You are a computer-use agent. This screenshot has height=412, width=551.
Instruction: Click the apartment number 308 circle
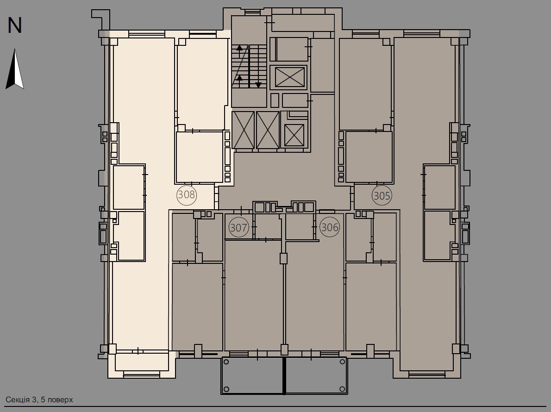pos(187,195)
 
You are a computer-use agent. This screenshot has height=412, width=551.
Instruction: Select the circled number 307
pos(239,227)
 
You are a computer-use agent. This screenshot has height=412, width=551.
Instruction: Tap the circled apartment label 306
pos(330,227)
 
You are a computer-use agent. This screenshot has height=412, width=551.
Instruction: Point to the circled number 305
pos(382,196)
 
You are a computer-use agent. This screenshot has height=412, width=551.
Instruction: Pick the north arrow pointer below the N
pos(15,69)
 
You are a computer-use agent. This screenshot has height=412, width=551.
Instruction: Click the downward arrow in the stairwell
pos(258,85)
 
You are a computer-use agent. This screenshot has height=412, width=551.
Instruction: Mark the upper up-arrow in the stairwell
pos(239,47)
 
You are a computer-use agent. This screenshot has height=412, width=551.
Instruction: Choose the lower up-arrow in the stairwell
pos(239,78)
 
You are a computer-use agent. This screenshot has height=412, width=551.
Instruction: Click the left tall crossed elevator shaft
pos(244,130)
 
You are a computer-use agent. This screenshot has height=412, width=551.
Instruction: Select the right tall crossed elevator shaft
pos(268,130)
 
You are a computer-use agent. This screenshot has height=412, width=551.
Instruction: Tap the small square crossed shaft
pos(294,135)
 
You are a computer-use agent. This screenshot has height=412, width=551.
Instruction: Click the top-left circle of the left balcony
pos(226,362)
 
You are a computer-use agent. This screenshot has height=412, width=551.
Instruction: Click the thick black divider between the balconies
pos(284,375)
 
